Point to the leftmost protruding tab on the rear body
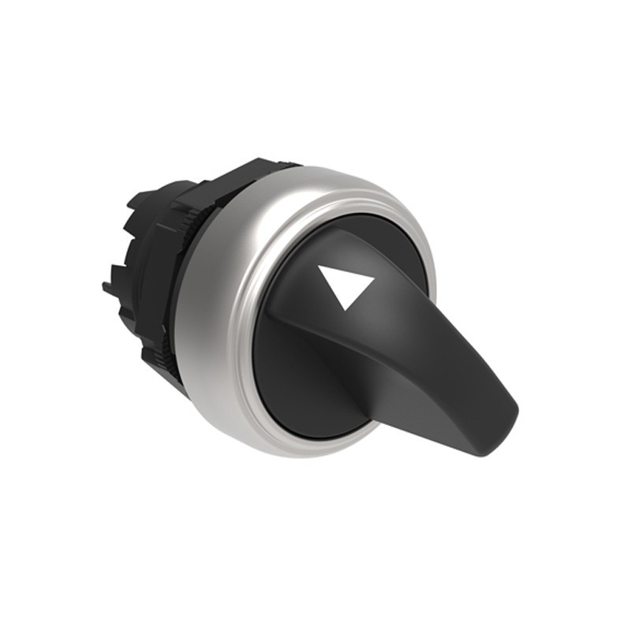108,286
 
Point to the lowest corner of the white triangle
345,310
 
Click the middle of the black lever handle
426,371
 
